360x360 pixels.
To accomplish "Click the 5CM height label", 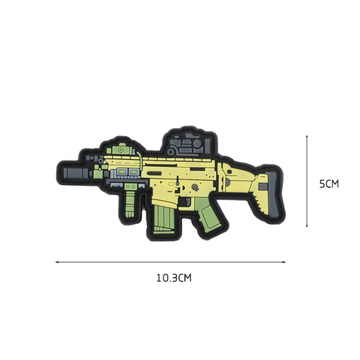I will coord(328,184).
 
